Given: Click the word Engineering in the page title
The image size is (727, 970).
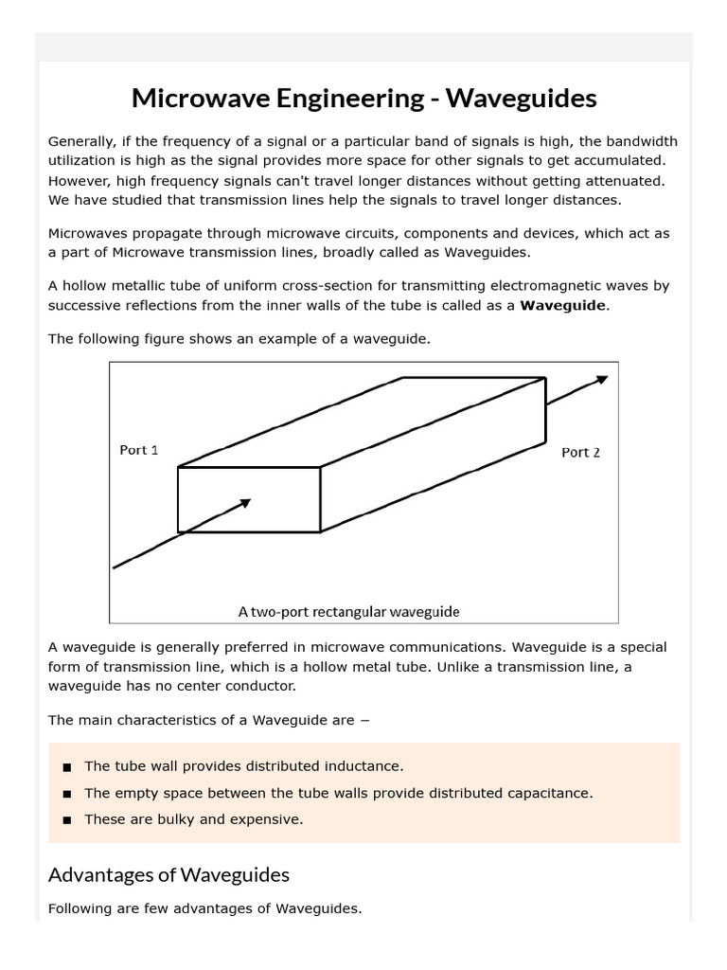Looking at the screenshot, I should point(337,98).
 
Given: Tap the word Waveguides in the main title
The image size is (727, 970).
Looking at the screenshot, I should point(522,98).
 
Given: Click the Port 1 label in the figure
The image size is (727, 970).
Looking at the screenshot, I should point(139,450).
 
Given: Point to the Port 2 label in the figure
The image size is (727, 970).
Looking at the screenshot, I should point(580,452).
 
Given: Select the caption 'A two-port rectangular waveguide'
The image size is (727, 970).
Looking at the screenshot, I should point(348,612).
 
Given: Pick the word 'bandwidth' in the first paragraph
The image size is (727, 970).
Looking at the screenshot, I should point(643,141).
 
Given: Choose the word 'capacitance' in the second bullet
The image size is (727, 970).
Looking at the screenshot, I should point(550,793).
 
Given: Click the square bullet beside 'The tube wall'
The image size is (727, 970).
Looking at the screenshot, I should point(66,766).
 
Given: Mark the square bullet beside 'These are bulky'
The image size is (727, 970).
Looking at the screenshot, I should point(66,820).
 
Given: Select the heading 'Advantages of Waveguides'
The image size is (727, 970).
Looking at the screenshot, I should point(168,874).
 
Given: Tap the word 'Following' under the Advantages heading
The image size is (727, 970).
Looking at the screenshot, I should point(80,908).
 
